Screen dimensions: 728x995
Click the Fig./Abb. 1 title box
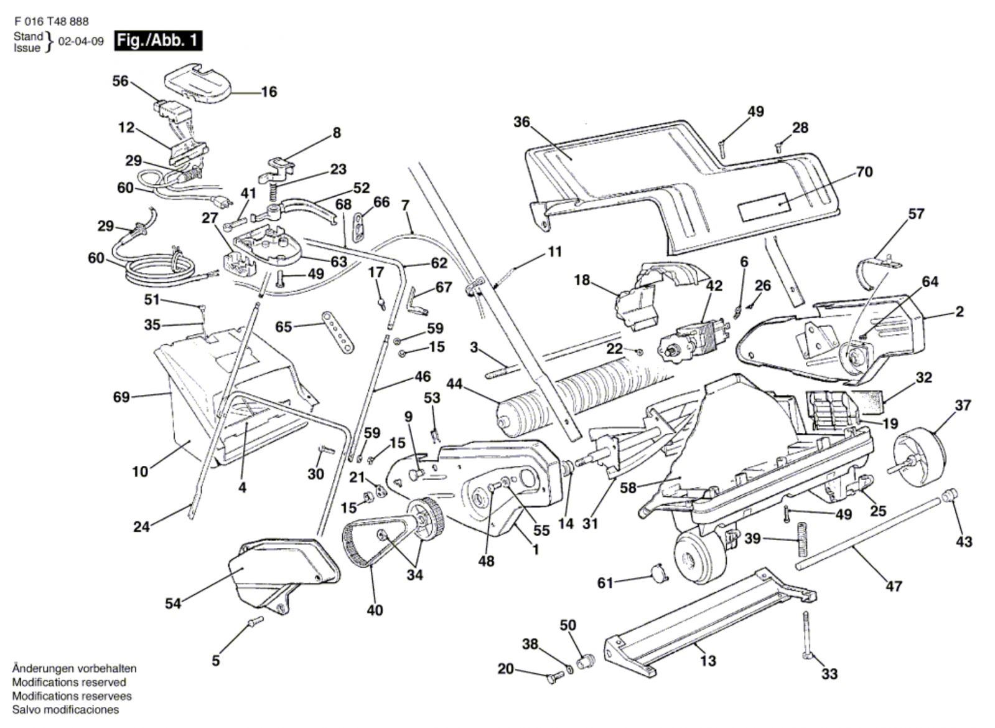point(158,41)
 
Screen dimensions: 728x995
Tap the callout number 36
point(521,122)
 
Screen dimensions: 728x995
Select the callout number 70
point(864,172)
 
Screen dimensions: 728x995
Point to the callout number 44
point(454,384)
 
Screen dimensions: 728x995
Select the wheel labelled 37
point(920,453)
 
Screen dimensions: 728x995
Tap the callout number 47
point(894,586)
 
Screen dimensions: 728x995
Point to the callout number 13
point(708,660)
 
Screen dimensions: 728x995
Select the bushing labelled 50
point(586,661)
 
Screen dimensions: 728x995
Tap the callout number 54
point(173,603)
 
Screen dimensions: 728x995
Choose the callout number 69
point(121,397)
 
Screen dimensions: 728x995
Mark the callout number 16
point(268,92)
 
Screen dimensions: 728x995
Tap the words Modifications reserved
point(68,683)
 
